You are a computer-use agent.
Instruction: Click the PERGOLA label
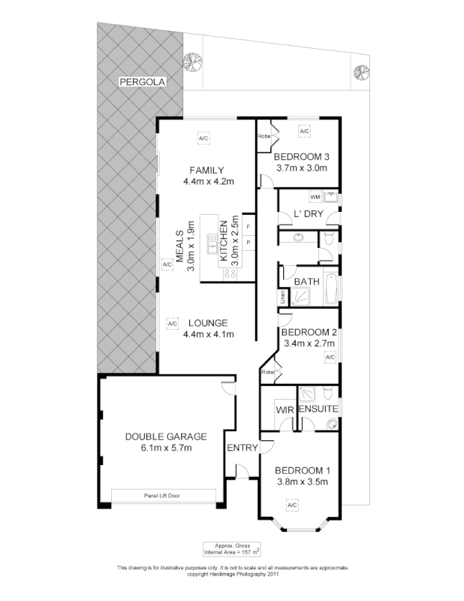pos(140,81)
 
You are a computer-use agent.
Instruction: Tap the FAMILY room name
pos(207,169)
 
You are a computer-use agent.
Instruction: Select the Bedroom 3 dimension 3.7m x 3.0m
pos(301,168)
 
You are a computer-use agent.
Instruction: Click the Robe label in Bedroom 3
pos(264,136)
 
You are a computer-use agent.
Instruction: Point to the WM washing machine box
pos(315,197)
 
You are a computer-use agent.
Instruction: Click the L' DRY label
pos(308,214)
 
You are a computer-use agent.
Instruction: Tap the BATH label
pos(306,282)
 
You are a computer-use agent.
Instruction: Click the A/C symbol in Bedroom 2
pos(329,357)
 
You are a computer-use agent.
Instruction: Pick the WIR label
pos(284,409)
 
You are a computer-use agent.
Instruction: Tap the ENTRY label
pos(243,447)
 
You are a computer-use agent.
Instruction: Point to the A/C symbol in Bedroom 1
pos(291,506)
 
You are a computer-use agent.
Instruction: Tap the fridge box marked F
pos(248,226)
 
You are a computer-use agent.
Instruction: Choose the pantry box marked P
pos(248,242)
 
